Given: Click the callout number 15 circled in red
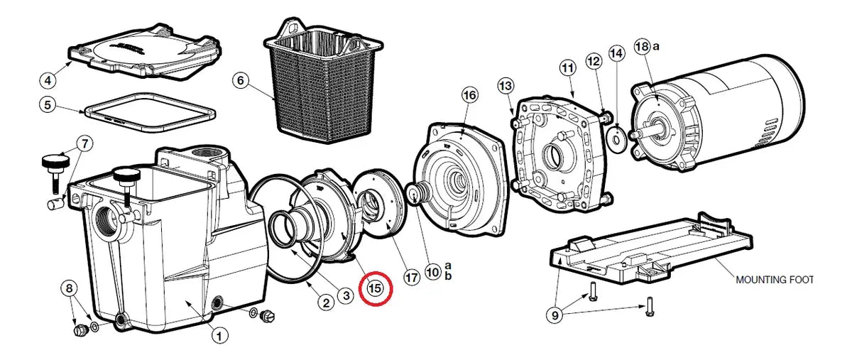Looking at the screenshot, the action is click(375, 288).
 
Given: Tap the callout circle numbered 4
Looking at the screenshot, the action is click(48, 80).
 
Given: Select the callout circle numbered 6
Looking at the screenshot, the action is click(241, 81).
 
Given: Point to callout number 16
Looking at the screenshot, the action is click(470, 94).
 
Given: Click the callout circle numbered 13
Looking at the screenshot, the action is click(506, 86).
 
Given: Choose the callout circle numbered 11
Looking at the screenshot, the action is click(567, 68).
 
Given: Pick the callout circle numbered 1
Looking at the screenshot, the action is click(219, 336).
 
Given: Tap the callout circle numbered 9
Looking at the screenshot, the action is click(555, 315).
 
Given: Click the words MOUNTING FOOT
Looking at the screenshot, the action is click(775, 280).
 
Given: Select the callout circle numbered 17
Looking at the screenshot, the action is click(412, 277).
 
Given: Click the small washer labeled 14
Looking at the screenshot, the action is click(616, 140).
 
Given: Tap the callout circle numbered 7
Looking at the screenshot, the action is click(84, 144).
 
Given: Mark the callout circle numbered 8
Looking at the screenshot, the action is click(69, 288).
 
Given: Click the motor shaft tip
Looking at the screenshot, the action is click(632, 135).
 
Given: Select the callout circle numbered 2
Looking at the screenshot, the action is click(326, 303).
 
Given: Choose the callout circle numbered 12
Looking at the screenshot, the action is click(594, 61).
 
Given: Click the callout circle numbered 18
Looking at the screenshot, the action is click(642, 46).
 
